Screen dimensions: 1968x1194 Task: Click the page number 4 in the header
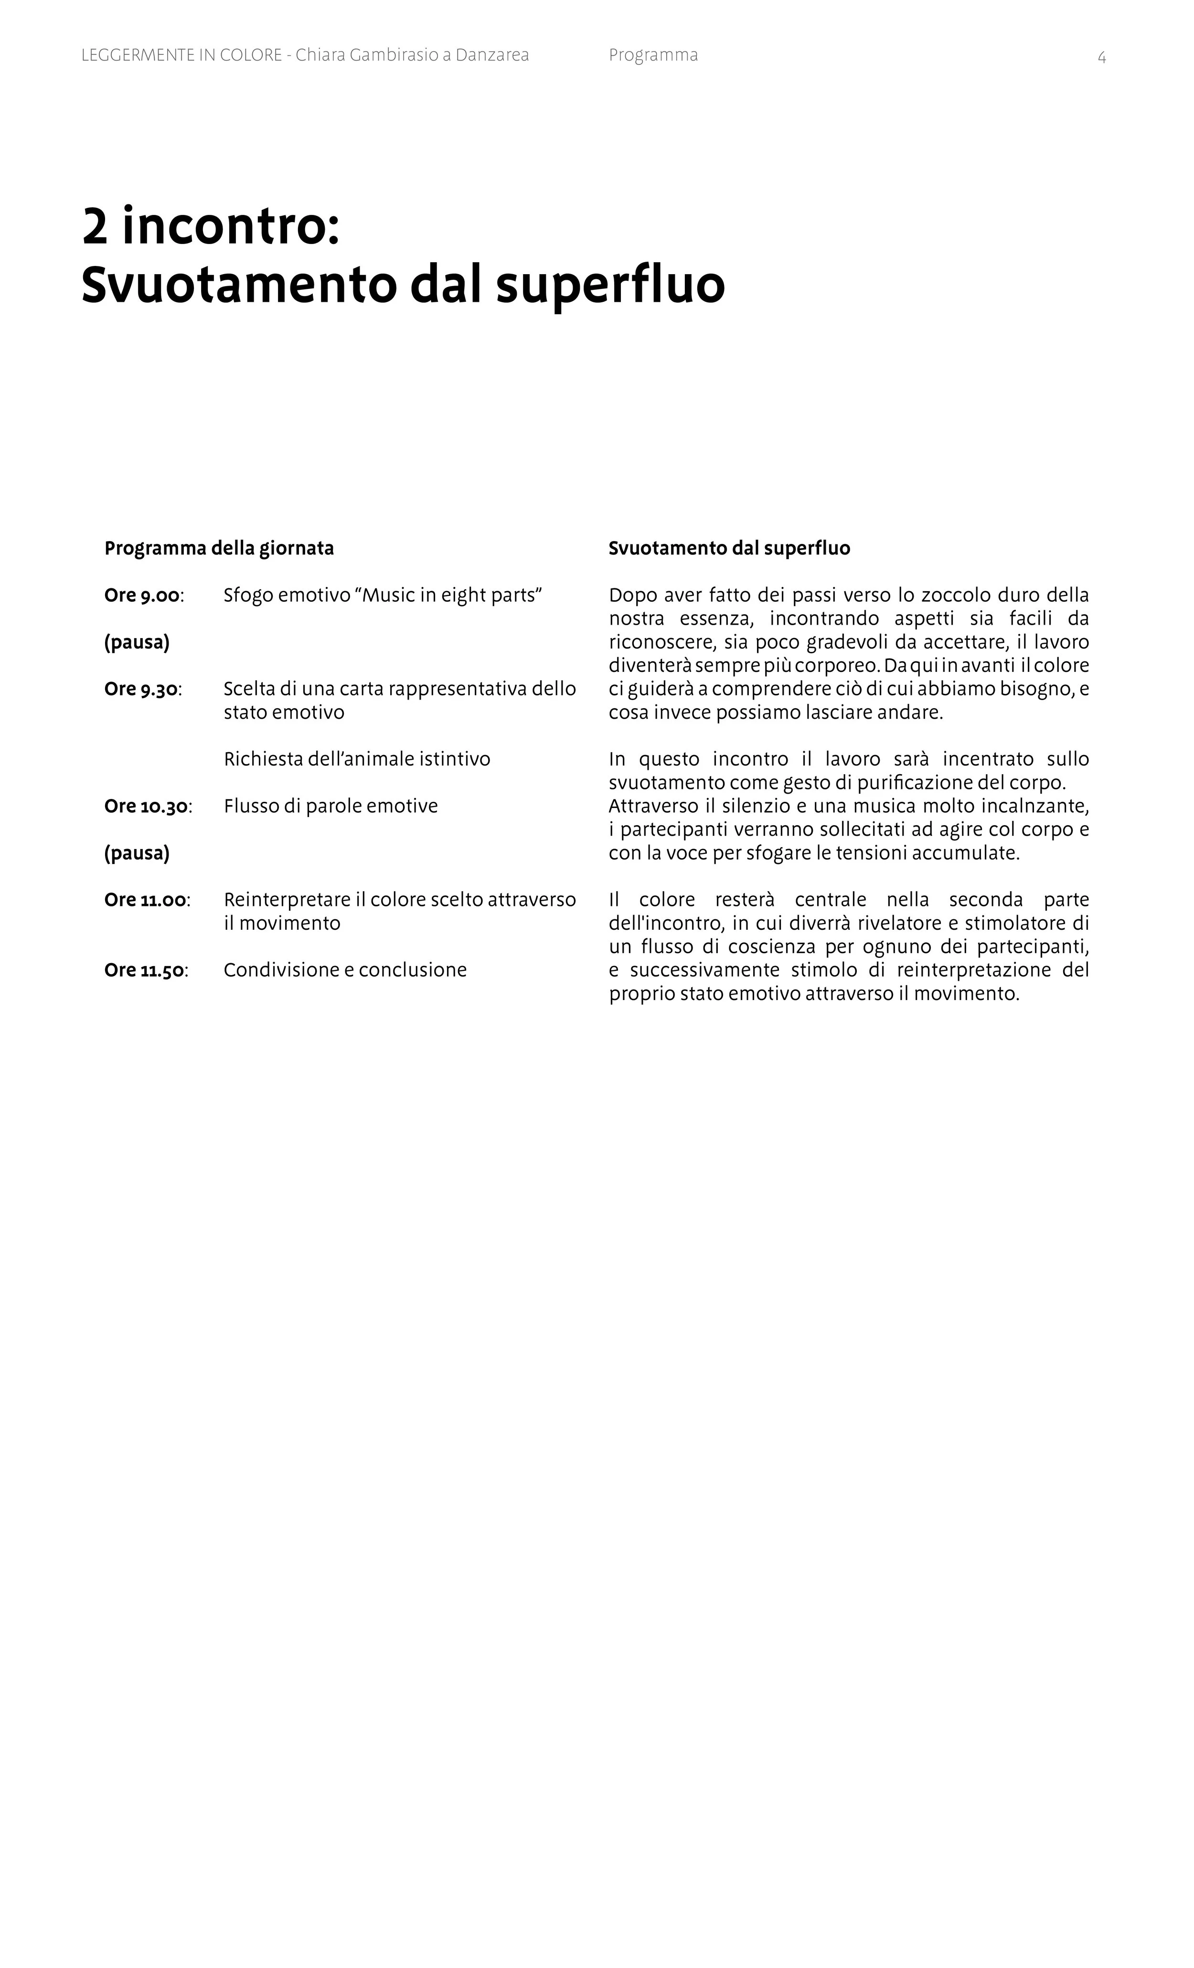tap(1101, 57)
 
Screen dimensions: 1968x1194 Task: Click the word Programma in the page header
tap(652, 55)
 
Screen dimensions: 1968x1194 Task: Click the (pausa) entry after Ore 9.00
tap(137, 642)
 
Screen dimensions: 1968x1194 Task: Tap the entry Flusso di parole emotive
tap(330, 806)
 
